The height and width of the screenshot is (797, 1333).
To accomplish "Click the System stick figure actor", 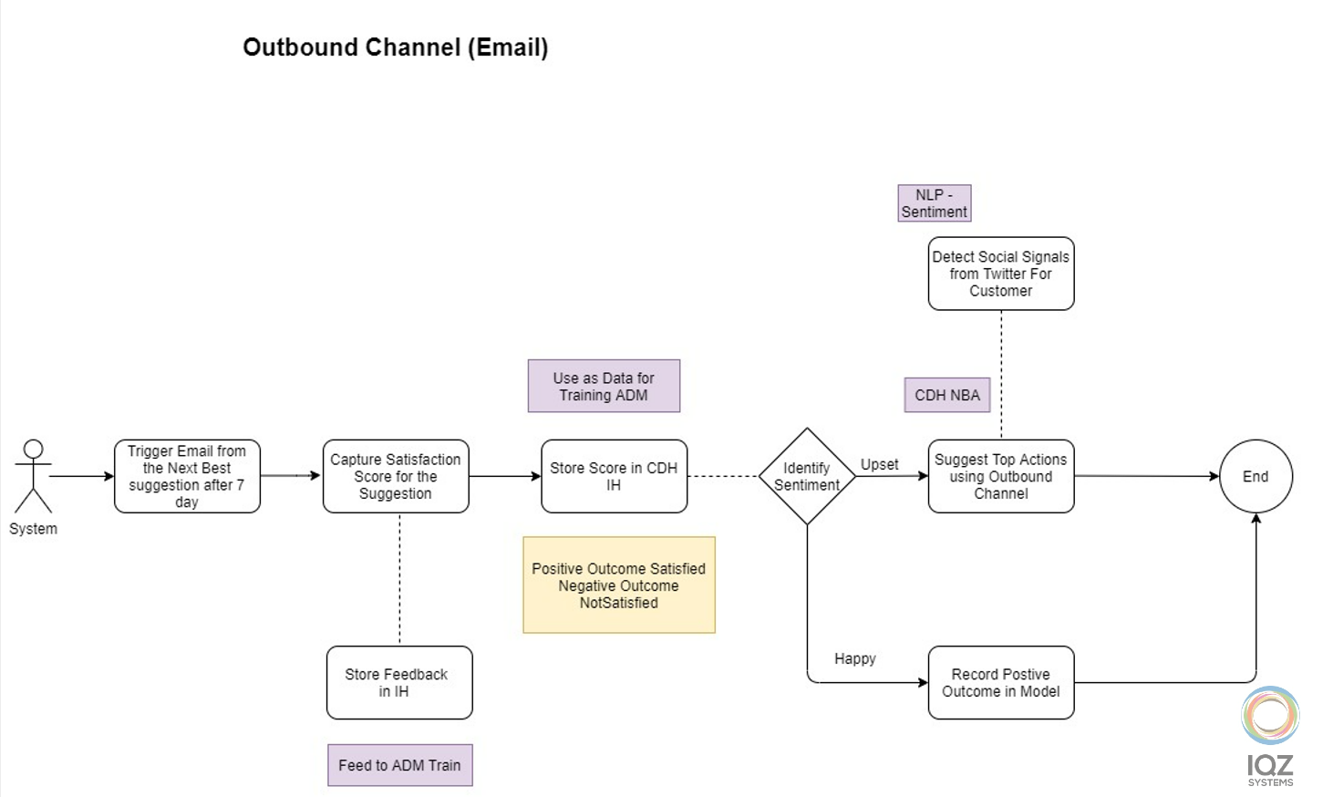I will (x=33, y=476).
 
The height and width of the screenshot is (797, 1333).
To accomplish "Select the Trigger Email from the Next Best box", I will (x=187, y=476).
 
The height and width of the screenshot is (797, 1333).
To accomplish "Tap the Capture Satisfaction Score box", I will (x=396, y=476).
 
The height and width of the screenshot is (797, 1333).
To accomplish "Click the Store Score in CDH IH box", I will (x=614, y=476).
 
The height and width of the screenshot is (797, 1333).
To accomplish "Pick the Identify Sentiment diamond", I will (x=807, y=476).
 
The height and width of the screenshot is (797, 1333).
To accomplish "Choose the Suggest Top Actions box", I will (x=1000, y=476).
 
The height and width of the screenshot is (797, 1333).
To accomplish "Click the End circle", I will (x=1255, y=476).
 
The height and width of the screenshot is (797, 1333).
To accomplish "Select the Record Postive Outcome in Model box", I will (x=1000, y=682).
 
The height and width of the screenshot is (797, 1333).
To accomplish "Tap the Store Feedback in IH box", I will (x=399, y=682).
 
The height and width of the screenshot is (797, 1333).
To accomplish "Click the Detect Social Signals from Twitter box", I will (x=1000, y=274).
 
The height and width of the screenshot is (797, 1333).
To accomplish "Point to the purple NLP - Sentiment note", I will (x=934, y=203).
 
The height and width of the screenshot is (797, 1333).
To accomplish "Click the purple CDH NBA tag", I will (x=947, y=395).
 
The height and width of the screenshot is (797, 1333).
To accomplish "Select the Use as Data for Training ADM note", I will (x=604, y=386).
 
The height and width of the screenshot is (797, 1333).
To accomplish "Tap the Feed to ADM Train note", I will (x=399, y=765).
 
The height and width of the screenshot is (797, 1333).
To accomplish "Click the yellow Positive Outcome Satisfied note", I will (x=619, y=585).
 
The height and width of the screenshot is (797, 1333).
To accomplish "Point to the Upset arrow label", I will (x=879, y=464).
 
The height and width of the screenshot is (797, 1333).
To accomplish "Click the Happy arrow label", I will (x=854, y=658).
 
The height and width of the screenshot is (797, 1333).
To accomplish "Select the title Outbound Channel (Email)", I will (x=395, y=47).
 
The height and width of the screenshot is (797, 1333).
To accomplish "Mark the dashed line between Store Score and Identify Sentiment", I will (x=723, y=476).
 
